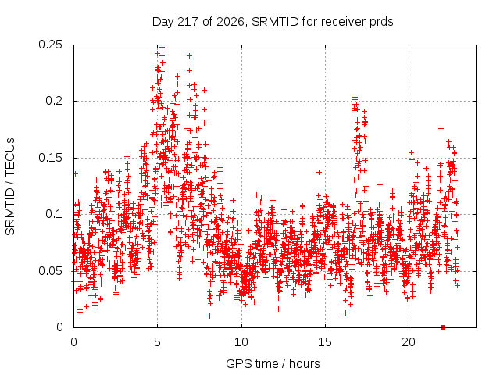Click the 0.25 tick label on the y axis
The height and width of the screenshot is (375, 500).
click(x=50, y=45)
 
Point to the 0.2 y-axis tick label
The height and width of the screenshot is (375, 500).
click(x=54, y=101)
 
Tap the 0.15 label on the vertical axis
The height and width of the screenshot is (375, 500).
click(x=50, y=158)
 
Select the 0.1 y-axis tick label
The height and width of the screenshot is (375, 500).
click(x=54, y=214)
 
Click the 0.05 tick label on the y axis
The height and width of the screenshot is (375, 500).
click(x=50, y=271)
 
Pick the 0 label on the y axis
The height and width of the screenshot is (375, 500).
click(x=59, y=327)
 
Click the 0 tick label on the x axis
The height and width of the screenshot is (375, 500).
click(x=73, y=342)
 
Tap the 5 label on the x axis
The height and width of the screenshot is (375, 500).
click(x=158, y=342)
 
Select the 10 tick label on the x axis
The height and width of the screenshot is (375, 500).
click(x=241, y=342)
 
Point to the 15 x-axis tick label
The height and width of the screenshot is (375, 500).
click(x=325, y=342)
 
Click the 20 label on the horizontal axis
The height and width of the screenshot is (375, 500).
click(x=409, y=342)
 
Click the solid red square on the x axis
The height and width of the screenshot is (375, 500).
click(x=442, y=327)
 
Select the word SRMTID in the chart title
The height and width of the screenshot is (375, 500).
click(x=275, y=22)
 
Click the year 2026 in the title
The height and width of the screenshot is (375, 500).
click(x=230, y=22)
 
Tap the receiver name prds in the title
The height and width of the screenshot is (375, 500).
click(x=381, y=22)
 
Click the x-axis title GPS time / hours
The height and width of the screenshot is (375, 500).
click(x=273, y=363)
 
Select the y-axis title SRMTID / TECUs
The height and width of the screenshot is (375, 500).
click(x=10, y=187)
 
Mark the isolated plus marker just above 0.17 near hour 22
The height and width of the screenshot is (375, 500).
click(x=441, y=128)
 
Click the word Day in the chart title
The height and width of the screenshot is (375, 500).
click(x=163, y=22)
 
